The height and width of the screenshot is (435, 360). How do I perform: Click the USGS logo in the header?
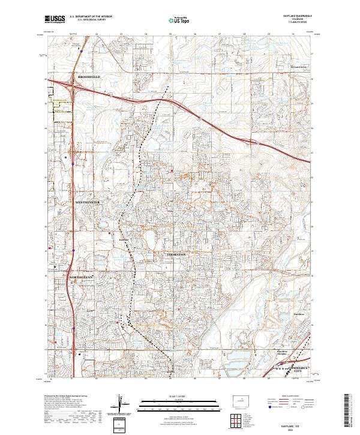55,20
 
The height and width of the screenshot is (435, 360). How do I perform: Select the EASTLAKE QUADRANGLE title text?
293,16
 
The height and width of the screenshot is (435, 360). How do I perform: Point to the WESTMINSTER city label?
87,202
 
